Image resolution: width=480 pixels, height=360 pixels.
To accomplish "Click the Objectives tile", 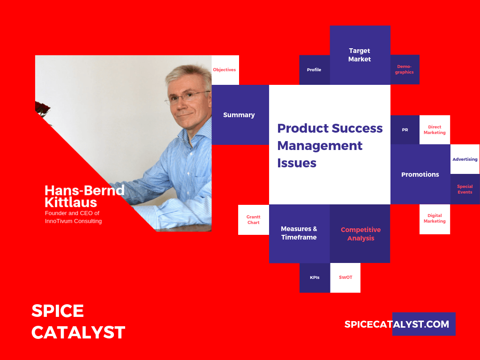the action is point(225,70).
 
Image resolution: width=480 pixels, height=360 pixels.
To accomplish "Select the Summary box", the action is point(240,115).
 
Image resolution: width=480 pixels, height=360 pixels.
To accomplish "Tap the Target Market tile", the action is point(360,55).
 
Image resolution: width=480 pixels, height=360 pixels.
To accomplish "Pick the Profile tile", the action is point(315,70).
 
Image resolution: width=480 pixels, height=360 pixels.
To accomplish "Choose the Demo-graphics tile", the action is point(405,69).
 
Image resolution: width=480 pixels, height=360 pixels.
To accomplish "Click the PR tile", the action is point(405,130).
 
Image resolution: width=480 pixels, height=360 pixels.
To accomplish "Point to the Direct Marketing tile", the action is point(435,130).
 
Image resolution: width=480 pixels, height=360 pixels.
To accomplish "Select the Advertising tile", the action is point(465,159).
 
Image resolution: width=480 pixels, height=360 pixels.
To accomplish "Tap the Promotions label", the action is point(420,174).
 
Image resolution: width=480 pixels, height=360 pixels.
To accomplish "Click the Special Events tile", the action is point(465,189).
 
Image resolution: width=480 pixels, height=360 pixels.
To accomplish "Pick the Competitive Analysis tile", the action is point(360,233).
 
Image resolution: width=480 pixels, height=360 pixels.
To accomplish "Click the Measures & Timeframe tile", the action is point(300,233).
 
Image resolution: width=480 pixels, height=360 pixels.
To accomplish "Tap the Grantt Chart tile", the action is point(254,220).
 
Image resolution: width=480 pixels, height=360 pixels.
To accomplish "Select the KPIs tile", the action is point(315,277).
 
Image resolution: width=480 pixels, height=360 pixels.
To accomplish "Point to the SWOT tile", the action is point(345,277).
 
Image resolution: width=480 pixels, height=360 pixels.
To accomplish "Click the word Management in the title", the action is point(320,146).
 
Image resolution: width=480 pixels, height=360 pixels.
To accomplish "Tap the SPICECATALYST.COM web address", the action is point(397,324).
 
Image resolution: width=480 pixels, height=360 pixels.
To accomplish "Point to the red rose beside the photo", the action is point(42,109).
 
